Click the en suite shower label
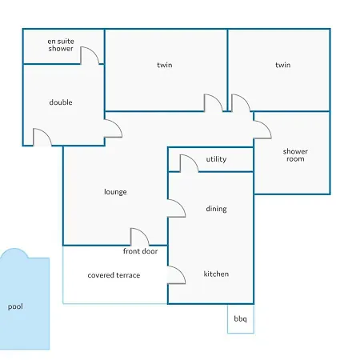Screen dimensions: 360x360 tap(61, 45)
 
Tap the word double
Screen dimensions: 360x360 tap(61, 102)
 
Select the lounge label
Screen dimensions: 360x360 tap(115, 192)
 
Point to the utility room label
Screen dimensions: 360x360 tap(216, 159)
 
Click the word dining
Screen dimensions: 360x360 tap(216, 209)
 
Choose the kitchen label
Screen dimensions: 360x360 tap(216, 274)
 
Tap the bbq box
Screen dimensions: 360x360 tap(241, 318)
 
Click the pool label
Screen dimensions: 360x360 tap(15, 306)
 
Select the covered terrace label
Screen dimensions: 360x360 tap(114, 275)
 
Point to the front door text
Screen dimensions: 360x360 tap(140, 251)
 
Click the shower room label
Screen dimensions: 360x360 tap(295, 155)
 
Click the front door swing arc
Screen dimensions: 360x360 tap(144, 233)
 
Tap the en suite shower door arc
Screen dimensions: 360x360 tap(94, 51)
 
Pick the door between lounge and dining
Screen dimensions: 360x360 tap(181, 204)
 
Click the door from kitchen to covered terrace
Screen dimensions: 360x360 tap(181, 270)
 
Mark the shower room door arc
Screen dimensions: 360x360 tap(266, 126)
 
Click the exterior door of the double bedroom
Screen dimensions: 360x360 tap(46, 133)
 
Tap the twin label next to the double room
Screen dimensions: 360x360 tap(165, 65)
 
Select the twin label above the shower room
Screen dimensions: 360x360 tap(283, 65)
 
